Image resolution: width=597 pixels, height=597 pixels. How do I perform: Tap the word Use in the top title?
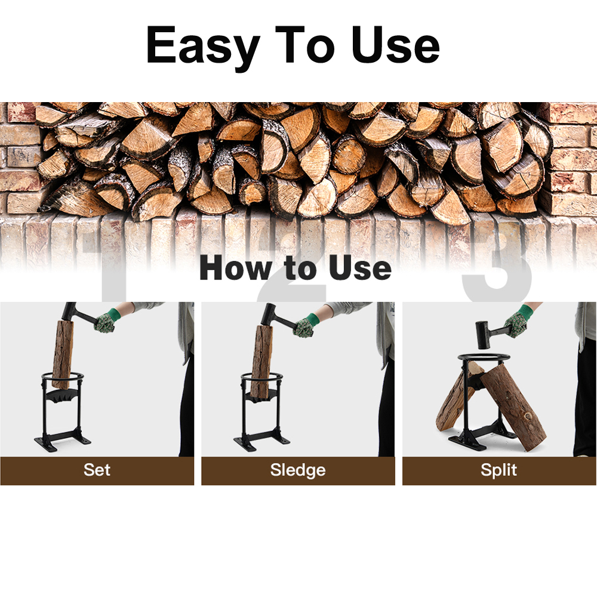395,45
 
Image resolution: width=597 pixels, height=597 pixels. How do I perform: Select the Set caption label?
97,470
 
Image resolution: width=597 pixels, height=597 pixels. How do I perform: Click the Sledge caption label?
298,470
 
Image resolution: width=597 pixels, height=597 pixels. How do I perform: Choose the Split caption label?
498,470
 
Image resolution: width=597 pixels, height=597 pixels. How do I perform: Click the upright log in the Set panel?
62,355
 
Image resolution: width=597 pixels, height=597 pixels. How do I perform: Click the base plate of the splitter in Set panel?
63,442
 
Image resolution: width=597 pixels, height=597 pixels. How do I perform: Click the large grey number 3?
498,266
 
